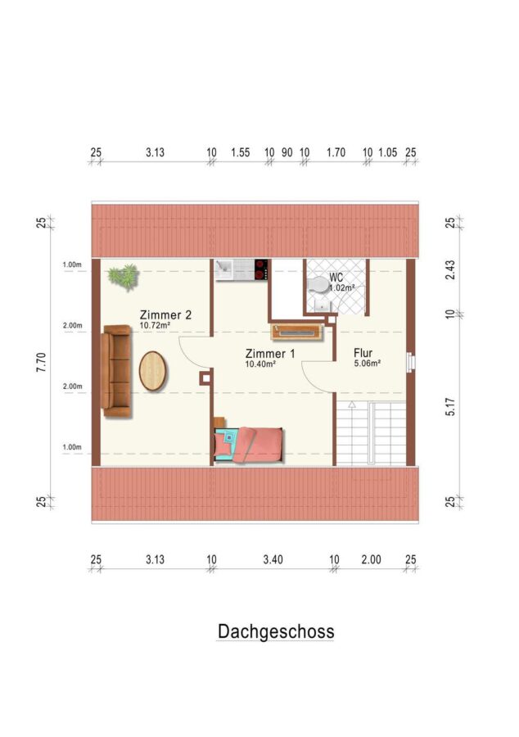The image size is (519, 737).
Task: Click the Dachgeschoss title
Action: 276,631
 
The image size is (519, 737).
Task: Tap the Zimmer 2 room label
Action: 165,314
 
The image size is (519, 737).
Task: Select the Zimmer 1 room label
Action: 270,354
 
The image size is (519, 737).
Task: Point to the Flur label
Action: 363,352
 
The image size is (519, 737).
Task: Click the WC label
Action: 336,278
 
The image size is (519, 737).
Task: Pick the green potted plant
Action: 124,276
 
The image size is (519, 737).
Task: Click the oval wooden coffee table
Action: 152,371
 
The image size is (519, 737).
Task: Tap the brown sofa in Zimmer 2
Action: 115,371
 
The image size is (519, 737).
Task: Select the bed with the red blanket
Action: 249,445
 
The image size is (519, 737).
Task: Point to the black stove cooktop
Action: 261,269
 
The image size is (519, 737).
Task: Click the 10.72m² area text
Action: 155,325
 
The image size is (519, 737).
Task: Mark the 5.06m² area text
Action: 367,363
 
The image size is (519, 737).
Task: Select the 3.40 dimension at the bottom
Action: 273,559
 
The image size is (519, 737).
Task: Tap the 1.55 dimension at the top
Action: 240,152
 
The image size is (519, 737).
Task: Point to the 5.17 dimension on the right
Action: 450,406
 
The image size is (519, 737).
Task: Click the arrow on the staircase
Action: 352,405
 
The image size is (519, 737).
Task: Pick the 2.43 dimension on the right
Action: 450,270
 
